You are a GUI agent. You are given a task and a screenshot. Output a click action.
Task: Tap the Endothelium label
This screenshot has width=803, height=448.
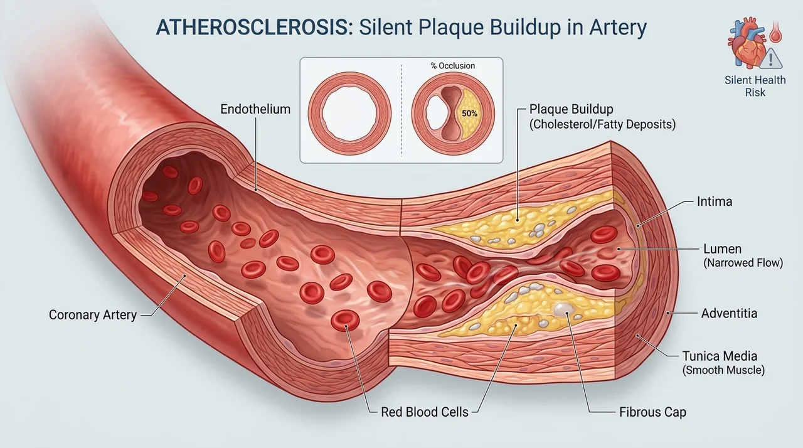point(255,109)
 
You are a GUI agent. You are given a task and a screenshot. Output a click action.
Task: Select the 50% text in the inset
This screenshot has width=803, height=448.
point(469,114)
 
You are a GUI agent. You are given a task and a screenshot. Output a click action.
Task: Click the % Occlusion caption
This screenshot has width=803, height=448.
point(453,66)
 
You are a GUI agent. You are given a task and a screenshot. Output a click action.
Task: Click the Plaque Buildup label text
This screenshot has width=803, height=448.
point(571,109)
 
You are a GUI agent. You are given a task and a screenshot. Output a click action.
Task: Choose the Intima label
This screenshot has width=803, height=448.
point(714,201)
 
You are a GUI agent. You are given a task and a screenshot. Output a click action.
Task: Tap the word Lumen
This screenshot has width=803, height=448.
point(722,248)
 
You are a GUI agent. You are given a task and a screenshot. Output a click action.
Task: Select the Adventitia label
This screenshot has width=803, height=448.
point(729,313)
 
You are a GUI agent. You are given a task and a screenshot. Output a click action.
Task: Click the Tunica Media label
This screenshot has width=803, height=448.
point(720,356)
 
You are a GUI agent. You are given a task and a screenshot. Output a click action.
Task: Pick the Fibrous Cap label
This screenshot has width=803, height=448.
point(652,412)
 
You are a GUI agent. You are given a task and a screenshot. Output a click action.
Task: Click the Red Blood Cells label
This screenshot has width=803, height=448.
point(425,412)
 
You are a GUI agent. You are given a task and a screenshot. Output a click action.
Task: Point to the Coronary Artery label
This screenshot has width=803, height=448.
point(93,315)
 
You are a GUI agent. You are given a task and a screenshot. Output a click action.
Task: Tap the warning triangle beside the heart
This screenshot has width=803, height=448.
point(771,58)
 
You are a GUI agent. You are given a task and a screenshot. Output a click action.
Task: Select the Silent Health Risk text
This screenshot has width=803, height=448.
point(755,86)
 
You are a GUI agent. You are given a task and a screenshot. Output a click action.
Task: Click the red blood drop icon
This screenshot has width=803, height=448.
point(776,32)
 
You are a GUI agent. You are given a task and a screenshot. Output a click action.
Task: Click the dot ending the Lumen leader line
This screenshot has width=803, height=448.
point(619,248)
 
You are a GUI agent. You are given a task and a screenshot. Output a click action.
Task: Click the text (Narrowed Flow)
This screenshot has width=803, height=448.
point(743,263)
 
